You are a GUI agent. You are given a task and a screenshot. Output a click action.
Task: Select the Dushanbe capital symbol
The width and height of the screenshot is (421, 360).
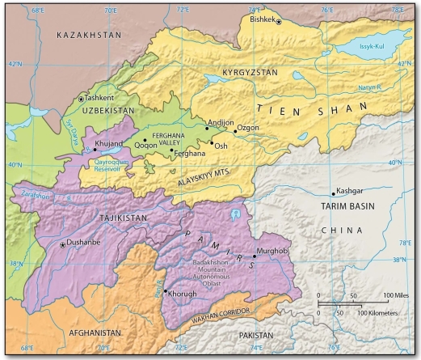(64, 244)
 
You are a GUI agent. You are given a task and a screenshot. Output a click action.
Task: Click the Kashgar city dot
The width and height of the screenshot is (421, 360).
(333, 193)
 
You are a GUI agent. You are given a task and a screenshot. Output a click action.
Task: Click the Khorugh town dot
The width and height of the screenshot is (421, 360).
(166, 291)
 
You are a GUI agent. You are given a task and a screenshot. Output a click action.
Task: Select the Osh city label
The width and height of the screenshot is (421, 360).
(220, 146)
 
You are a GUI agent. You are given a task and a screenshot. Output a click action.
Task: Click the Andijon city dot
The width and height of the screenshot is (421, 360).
(207, 129)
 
